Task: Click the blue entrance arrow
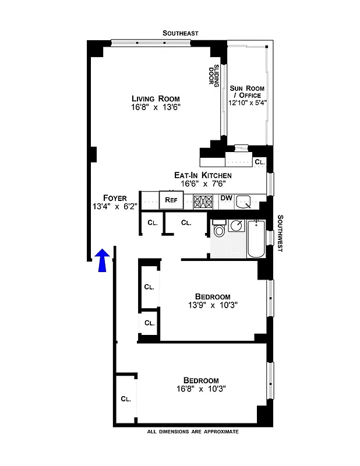pos(102,260)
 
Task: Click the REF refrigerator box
pos(171,200)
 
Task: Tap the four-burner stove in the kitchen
pos(203,201)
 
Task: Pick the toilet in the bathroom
pos(220,231)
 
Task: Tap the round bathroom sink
pos(237,224)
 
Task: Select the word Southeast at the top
pos(181,33)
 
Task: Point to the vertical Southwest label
pos(280,233)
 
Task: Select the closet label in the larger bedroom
pos(126,399)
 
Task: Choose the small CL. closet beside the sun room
pos(260,161)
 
